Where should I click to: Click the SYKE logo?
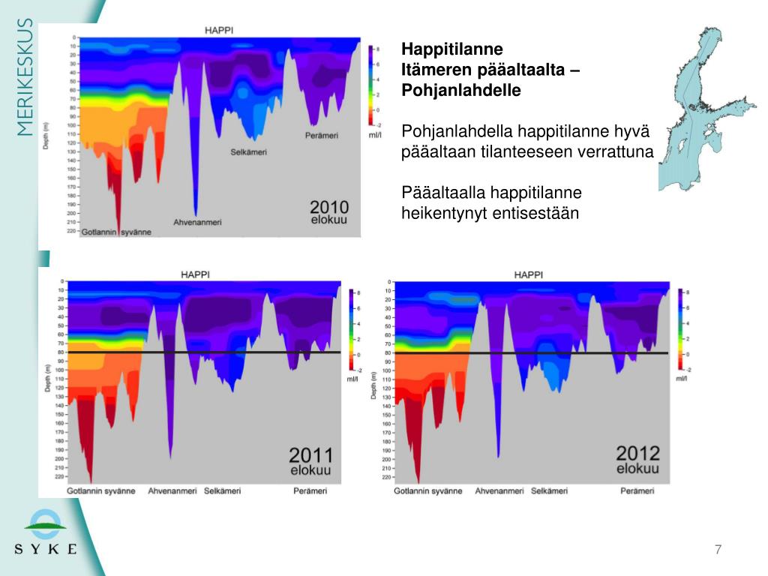coord(45,532)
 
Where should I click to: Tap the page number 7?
coord(718,550)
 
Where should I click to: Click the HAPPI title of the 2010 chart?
coord(219,29)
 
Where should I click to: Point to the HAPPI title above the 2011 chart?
coord(195,274)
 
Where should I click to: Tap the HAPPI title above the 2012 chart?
coord(528,274)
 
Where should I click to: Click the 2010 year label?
coord(329,207)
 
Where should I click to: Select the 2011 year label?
coord(310,454)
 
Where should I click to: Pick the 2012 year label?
coord(637,453)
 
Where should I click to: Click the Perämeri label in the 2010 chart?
coord(322,136)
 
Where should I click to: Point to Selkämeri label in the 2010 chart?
coord(248,152)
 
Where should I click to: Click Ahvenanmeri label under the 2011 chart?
coord(172,491)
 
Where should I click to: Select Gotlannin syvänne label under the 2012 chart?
coord(428,491)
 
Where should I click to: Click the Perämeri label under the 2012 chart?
coord(637,491)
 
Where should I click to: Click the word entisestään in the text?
coord(535,213)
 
